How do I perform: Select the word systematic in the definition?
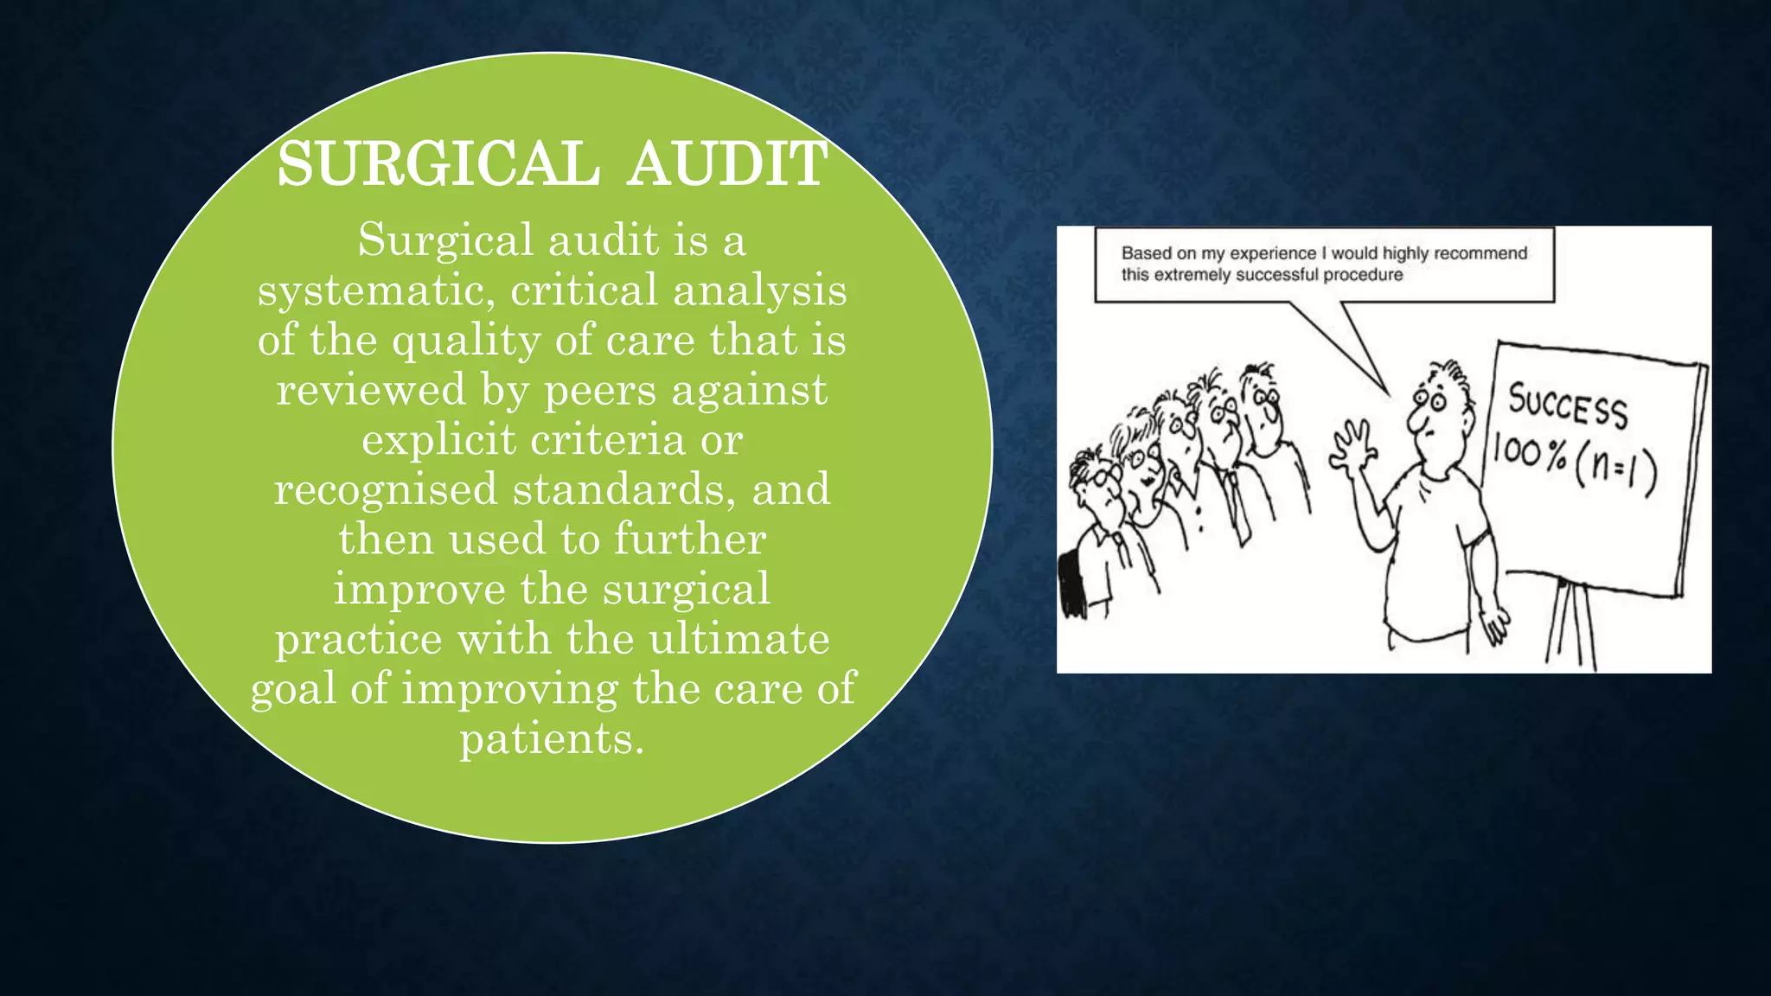click(x=376, y=290)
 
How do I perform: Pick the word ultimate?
click(x=739, y=639)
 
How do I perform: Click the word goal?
click(x=294, y=690)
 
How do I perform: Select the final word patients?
click(x=552, y=738)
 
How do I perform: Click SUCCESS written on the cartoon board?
click(x=1568, y=405)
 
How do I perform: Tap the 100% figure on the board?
click(x=1530, y=453)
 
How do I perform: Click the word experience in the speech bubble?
click(x=1273, y=253)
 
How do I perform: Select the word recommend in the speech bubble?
click(x=1480, y=253)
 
